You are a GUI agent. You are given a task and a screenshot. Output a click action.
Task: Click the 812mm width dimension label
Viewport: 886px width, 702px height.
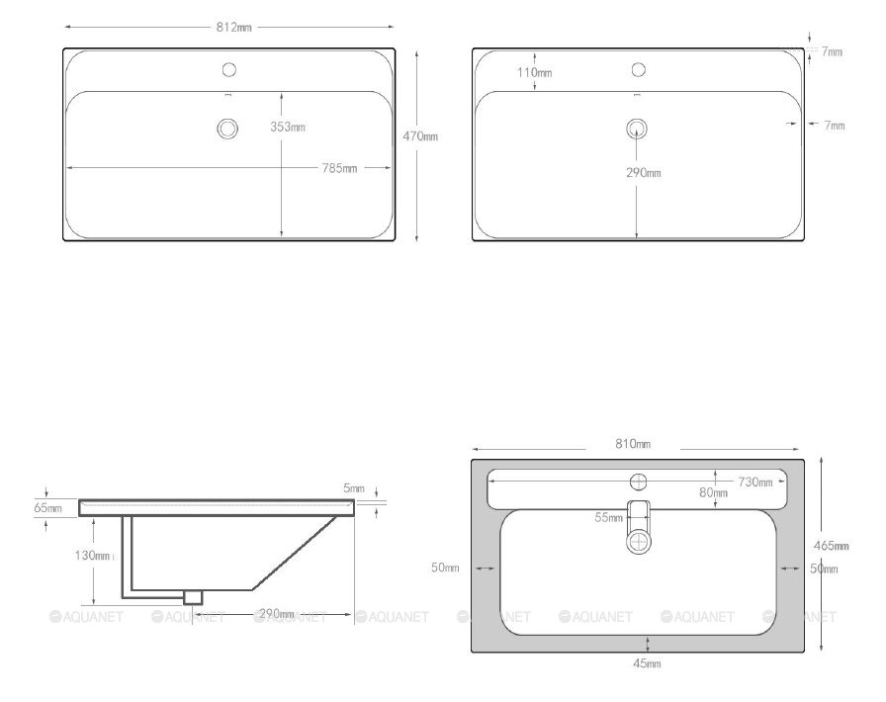pyautogui.click(x=234, y=27)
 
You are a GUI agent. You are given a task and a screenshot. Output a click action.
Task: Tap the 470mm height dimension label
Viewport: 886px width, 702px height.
pyautogui.click(x=420, y=136)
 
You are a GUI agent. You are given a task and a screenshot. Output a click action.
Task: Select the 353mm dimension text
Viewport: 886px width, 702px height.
pyautogui.click(x=288, y=128)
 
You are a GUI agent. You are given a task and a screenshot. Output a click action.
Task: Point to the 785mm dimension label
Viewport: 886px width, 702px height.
pyautogui.click(x=339, y=168)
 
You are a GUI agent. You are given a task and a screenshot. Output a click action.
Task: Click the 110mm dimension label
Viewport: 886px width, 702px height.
pyautogui.click(x=535, y=72)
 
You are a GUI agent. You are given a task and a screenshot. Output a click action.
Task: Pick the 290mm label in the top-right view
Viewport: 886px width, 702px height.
pyautogui.click(x=644, y=172)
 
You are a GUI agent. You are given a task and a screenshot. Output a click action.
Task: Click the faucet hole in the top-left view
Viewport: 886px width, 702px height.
pyautogui.click(x=228, y=69)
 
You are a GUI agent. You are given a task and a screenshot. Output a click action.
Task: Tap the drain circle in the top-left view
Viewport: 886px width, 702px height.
pyautogui.click(x=227, y=129)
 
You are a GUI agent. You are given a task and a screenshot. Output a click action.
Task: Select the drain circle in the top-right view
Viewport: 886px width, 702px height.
pyautogui.click(x=637, y=129)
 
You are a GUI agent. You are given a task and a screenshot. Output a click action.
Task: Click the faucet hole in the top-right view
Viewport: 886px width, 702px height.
pyautogui.click(x=639, y=69)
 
